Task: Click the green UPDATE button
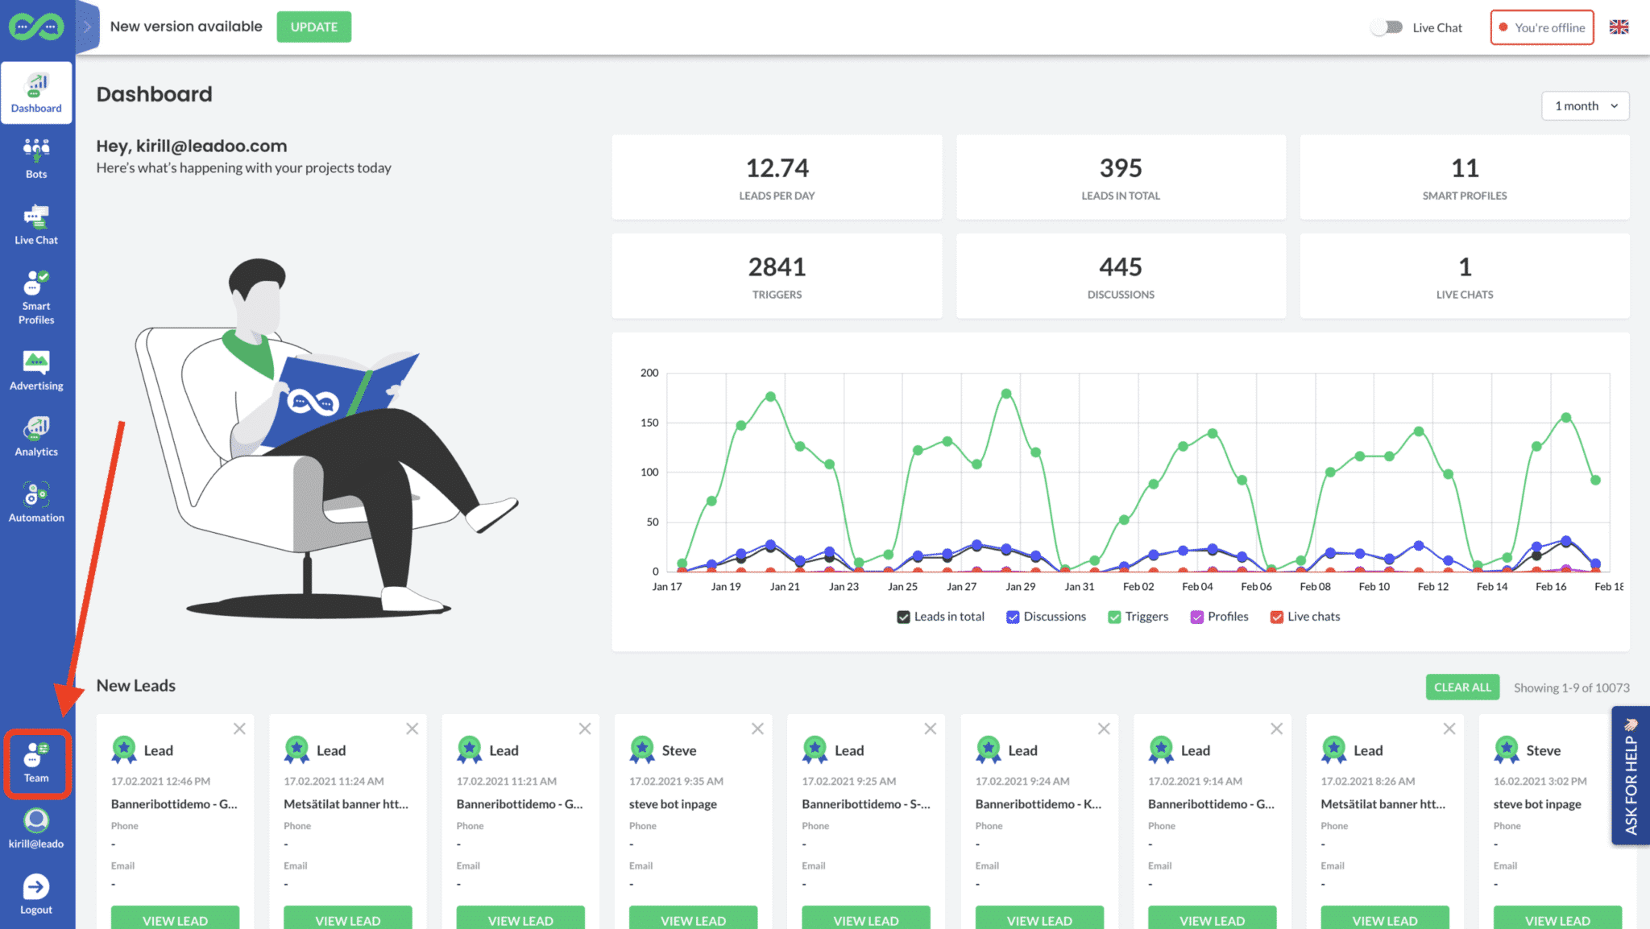[313, 27]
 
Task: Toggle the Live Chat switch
[1387, 27]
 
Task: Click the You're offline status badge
[1541, 27]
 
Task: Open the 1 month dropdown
[1585, 105]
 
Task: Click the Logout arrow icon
[35, 887]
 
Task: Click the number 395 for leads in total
[1121, 168]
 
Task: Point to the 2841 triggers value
[777, 267]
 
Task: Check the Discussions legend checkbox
[1013, 617]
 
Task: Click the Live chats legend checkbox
[1276, 617]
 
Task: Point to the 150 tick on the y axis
[649, 423]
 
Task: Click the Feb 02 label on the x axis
[1138, 587]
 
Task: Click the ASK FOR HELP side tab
[1631, 775]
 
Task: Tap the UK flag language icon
[1619, 27]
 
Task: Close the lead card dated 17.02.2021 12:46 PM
[239, 729]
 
